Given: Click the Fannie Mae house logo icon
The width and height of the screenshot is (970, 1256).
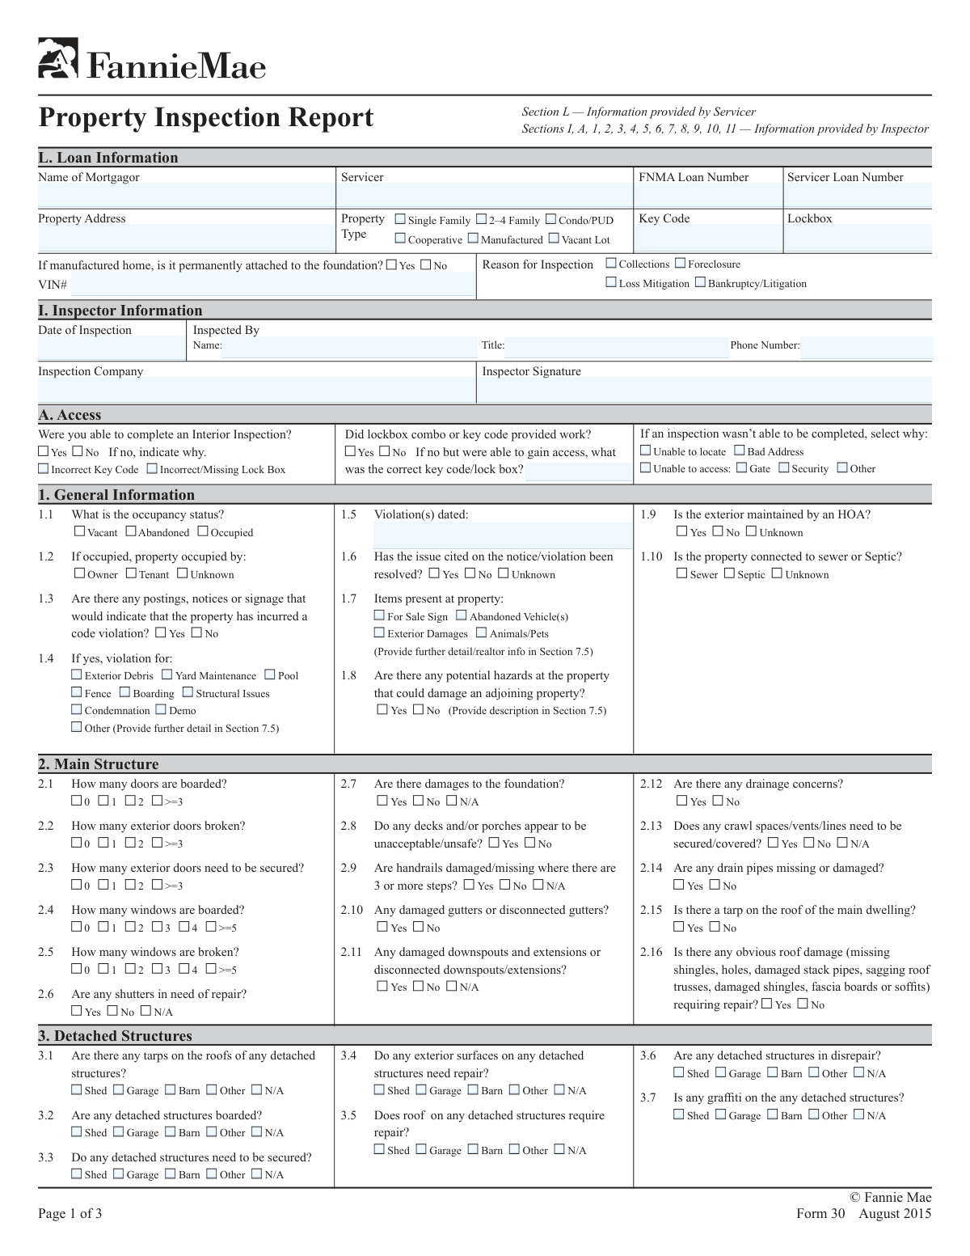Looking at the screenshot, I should click(58, 58).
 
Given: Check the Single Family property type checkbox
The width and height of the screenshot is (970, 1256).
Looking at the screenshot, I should click(400, 219).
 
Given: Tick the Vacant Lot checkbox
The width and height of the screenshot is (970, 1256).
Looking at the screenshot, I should click(554, 239).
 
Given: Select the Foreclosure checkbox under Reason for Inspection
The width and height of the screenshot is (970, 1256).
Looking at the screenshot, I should click(680, 264).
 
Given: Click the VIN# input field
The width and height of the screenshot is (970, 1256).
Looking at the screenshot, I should click(272, 285).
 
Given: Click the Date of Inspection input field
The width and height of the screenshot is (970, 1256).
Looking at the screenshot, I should click(111, 349).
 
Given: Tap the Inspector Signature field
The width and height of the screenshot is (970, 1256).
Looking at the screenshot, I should click(703, 390).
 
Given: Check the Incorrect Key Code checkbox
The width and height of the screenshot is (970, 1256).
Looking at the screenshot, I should click(44, 469).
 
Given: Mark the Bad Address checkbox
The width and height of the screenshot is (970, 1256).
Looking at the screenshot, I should click(740, 451).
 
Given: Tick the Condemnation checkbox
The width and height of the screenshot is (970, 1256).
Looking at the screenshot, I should click(77, 710).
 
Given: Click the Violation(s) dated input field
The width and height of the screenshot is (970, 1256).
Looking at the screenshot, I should click(502, 535).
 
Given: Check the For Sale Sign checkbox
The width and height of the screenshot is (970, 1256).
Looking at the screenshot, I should click(379, 616).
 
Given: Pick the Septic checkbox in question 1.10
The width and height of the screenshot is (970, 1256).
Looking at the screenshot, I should click(730, 574).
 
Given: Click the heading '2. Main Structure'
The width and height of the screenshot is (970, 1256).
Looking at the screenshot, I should click(99, 764).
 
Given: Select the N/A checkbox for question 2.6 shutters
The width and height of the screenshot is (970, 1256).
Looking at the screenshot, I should click(146, 1011).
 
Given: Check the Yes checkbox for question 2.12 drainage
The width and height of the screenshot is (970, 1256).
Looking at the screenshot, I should click(682, 801).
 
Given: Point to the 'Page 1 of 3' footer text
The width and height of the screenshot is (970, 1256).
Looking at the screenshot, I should click(70, 1213).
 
